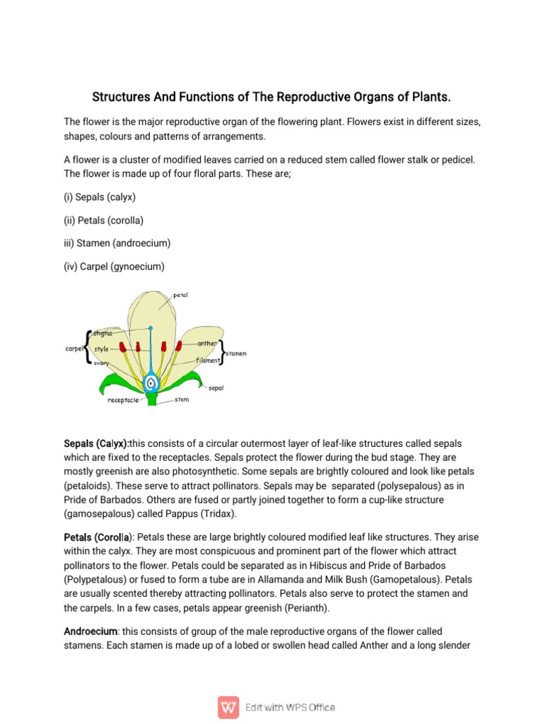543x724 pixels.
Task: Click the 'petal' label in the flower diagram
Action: click(180, 295)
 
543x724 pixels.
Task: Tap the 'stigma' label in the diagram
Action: click(102, 333)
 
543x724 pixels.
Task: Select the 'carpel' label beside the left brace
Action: click(74, 348)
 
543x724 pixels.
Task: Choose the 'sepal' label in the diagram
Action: click(216, 387)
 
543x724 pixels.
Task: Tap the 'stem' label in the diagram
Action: click(182, 399)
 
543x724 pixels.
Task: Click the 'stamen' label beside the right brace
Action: click(236, 353)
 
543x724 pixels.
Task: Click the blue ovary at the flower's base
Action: click(151, 383)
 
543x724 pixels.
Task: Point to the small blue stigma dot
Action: click(150, 328)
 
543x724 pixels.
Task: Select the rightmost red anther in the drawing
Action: click(179, 346)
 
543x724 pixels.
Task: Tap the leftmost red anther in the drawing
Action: click(122, 347)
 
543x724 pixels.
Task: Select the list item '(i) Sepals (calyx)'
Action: click(100, 197)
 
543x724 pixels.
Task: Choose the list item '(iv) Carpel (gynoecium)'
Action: click(114, 266)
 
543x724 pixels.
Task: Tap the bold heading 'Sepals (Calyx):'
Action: click(96, 443)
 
